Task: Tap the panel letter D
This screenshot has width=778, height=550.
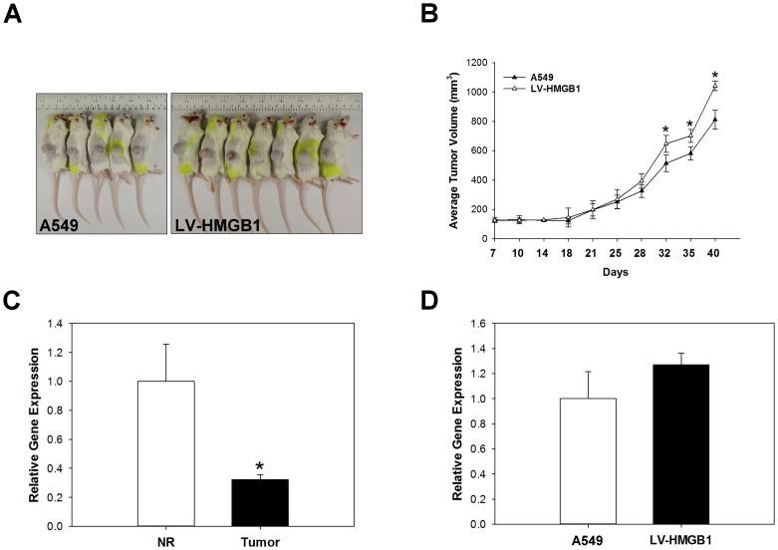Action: tap(431, 301)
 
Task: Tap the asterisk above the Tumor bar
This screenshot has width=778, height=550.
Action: tap(259, 467)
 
